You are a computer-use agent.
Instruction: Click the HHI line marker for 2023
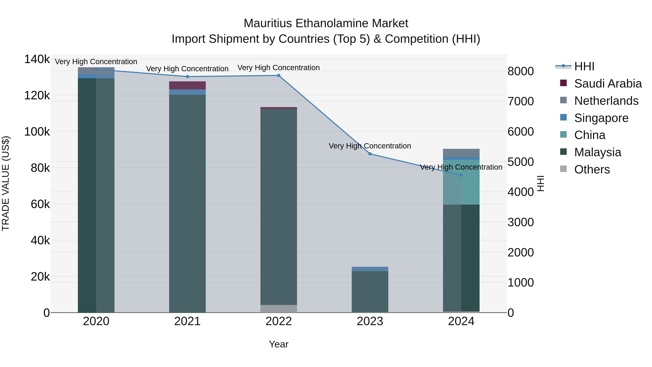(370, 154)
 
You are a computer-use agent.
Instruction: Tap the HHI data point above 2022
(279, 75)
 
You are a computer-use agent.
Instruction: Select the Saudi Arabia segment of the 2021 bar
(187, 85)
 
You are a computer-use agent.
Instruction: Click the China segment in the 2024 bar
(461, 182)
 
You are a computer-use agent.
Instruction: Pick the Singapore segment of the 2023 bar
(370, 269)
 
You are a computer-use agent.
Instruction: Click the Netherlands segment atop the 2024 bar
(461, 153)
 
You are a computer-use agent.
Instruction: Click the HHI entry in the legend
(584, 66)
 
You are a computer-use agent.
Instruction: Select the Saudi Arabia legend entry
(608, 84)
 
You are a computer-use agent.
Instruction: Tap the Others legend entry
(592, 169)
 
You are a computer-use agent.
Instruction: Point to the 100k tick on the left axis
(37, 132)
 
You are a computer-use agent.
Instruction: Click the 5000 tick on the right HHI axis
(521, 162)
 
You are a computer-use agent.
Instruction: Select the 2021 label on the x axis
(187, 321)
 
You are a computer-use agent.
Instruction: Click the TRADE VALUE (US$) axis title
(6, 183)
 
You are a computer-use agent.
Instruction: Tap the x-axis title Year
(279, 344)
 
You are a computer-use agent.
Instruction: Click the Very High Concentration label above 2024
(461, 167)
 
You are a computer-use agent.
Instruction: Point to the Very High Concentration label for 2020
(96, 62)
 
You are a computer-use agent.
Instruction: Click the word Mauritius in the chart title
(268, 23)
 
